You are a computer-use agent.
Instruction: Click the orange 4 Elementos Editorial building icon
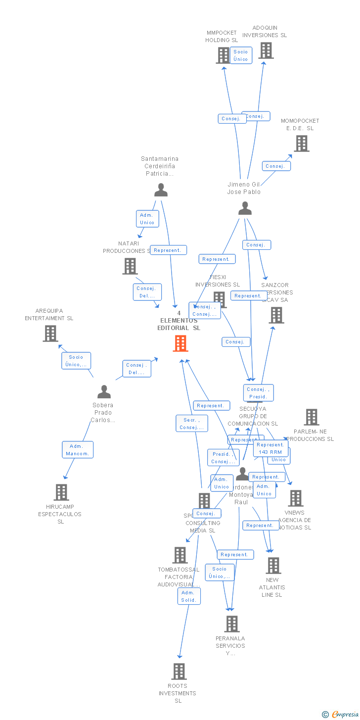[180, 343]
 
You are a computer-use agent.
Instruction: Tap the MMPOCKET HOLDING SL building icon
[223, 55]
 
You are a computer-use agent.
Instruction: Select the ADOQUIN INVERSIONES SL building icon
[266, 50]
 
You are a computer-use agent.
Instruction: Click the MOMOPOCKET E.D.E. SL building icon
[302, 144]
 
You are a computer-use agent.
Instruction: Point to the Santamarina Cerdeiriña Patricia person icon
[161, 190]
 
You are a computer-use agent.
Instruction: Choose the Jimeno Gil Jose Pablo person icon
[245, 208]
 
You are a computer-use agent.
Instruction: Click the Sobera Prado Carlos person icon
[104, 392]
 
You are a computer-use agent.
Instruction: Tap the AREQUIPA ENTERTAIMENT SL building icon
[50, 334]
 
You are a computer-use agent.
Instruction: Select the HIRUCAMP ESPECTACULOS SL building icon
[61, 492]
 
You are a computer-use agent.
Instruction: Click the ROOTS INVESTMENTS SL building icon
[179, 672]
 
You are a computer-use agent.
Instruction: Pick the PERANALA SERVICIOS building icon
[232, 624]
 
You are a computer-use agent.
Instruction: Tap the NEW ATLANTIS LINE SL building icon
[273, 566]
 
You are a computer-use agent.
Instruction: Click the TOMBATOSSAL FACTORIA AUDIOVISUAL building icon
[180, 555]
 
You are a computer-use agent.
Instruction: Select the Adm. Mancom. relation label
[78, 450]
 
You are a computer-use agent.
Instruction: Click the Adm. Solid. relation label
[189, 596]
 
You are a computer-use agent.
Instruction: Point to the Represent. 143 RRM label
[270, 448]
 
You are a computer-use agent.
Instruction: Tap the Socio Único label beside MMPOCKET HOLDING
[241, 55]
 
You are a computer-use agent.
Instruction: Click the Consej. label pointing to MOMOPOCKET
[276, 166]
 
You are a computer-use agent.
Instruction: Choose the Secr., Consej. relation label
[192, 424]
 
